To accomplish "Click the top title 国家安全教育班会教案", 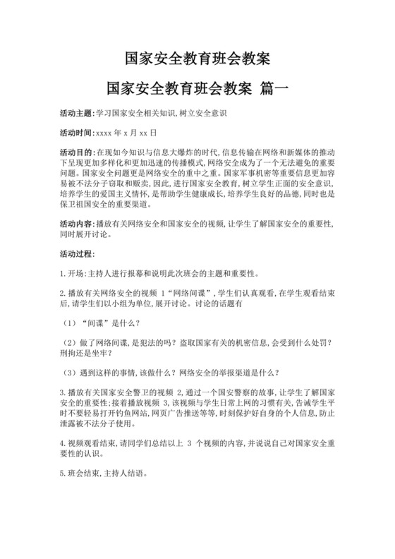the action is tap(197, 56).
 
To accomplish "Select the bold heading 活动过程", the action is tap(78, 253).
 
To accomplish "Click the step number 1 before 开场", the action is tap(63, 273).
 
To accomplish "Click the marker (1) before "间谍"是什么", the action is tap(68, 323).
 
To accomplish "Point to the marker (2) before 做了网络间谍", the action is tap(68, 342).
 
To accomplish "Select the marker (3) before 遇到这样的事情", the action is tap(68, 372).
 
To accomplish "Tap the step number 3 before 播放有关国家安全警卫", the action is tap(63, 392).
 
